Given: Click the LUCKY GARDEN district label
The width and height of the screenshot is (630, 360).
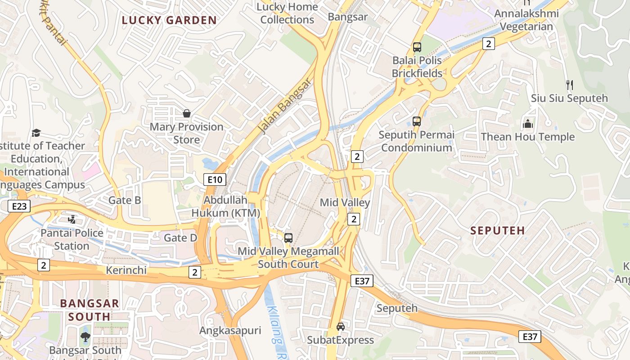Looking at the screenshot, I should pyautogui.click(x=169, y=20).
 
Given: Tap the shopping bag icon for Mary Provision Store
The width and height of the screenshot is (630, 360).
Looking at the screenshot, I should pyautogui.click(x=186, y=114).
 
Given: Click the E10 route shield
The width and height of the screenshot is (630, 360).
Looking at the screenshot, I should pyautogui.click(x=215, y=180).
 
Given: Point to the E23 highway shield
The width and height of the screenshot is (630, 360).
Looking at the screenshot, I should pyautogui.click(x=19, y=207).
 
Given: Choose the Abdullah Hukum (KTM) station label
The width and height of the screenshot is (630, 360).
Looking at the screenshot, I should pyautogui.click(x=225, y=206).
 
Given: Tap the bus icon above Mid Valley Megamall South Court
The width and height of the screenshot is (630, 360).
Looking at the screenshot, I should pyautogui.click(x=288, y=238).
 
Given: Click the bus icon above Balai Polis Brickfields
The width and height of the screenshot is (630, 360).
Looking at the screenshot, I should pyautogui.click(x=417, y=47).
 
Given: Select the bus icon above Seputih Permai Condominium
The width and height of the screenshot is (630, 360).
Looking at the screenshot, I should pyautogui.click(x=417, y=121).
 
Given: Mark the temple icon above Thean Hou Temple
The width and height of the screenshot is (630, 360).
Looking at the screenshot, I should pyautogui.click(x=528, y=123).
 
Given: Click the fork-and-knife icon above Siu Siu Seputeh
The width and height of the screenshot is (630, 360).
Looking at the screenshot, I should pyautogui.click(x=569, y=85).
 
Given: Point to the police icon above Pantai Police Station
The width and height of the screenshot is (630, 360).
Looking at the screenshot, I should pyautogui.click(x=72, y=220).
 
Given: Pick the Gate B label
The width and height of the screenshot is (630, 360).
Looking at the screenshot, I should pyautogui.click(x=125, y=200).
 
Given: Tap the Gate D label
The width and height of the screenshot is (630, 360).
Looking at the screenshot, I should pyautogui.click(x=180, y=238).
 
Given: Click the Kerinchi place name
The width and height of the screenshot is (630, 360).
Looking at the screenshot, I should pyautogui.click(x=126, y=270).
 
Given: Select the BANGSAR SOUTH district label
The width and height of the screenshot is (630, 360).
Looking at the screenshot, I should pyautogui.click(x=90, y=310).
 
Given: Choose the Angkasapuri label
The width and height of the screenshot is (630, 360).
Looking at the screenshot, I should pyautogui.click(x=230, y=331).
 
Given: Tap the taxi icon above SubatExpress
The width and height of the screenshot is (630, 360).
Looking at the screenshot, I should pyautogui.click(x=341, y=327).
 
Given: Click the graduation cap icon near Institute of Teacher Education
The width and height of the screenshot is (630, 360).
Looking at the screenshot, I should pyautogui.click(x=36, y=133).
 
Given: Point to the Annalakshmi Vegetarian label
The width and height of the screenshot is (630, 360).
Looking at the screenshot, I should pyautogui.click(x=526, y=20).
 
